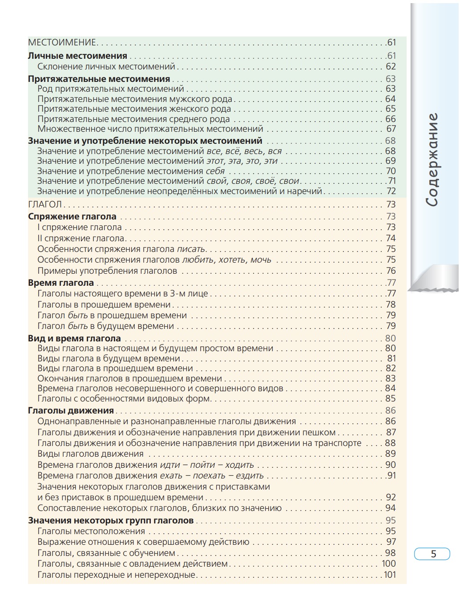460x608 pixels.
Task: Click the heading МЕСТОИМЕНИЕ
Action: (x=62, y=42)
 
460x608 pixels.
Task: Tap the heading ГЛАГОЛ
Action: (x=45, y=204)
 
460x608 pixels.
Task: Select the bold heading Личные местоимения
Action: (x=77, y=56)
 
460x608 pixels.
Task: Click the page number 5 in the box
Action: (x=433, y=554)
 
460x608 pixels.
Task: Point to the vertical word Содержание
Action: (x=432, y=160)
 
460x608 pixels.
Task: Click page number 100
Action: (x=389, y=563)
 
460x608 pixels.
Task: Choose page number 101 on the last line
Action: (x=390, y=575)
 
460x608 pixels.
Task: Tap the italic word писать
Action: (x=191, y=249)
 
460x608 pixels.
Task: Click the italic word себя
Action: (x=215, y=171)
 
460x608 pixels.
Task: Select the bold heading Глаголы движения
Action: (x=71, y=410)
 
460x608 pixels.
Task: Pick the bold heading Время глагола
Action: (x=61, y=283)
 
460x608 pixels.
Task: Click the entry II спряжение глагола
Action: (x=81, y=238)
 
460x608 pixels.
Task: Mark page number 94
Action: (x=391, y=508)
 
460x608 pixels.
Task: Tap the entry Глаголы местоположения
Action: (x=91, y=531)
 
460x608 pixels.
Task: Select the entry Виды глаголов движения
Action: (x=90, y=454)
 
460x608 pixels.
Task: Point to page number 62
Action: (x=391, y=66)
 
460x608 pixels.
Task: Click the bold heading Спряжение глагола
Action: (x=72, y=216)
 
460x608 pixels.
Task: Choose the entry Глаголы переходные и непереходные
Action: (x=116, y=575)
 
